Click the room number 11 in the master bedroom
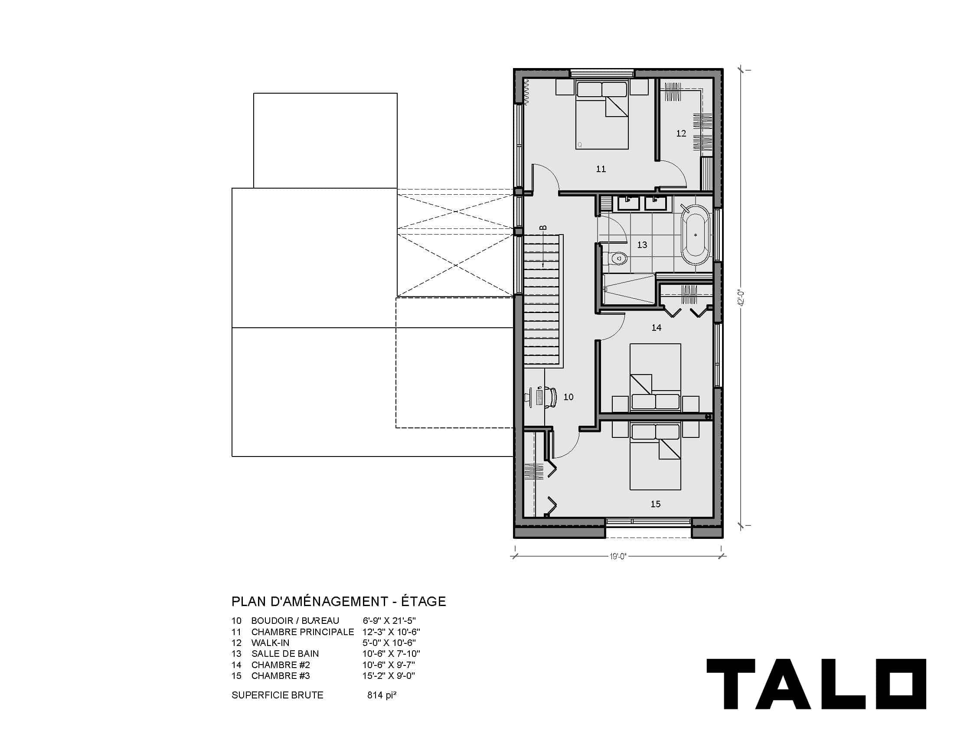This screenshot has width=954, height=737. coord(601,169)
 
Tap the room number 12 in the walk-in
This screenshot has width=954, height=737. coord(681,134)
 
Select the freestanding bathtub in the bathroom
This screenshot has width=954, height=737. coord(696,235)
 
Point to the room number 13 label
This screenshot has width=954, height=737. coord(642,245)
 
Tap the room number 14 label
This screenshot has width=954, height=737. coord(656,328)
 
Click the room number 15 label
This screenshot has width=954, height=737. coord(655,504)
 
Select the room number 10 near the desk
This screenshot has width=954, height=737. coord(568,397)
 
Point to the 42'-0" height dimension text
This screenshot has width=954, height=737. coord(741,298)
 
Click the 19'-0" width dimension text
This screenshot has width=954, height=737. coord(618,556)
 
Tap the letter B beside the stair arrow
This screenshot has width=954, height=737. coord(543,228)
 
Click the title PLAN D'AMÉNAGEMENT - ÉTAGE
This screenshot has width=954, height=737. coord(339,602)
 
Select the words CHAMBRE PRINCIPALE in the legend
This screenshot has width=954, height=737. coord(302,632)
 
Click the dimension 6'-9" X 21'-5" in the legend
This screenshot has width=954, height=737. coord(389,620)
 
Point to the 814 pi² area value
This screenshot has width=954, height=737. coord(382,695)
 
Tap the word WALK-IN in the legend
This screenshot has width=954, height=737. coord(270,642)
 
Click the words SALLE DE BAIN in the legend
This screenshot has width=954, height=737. coord(285,654)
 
